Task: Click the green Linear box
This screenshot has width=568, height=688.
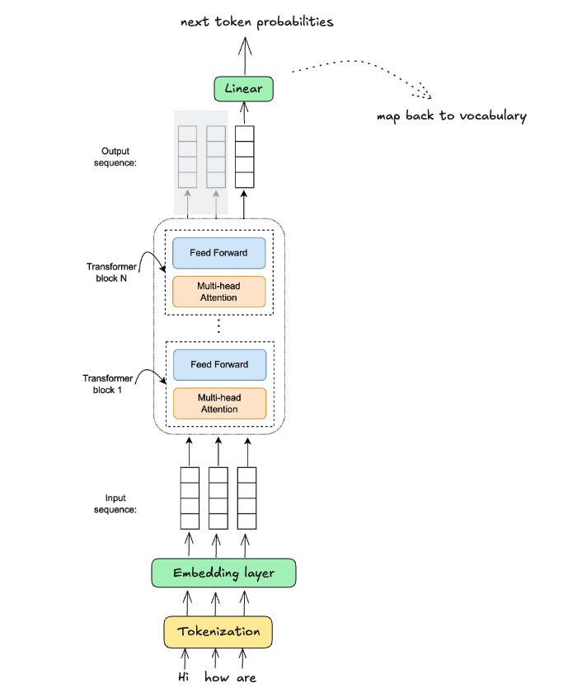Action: point(243,88)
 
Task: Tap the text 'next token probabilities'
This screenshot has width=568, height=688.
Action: point(257,22)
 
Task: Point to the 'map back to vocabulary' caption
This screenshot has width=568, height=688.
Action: point(451,116)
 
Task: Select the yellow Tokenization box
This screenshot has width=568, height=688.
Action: point(218,632)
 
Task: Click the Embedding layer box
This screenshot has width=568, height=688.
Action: point(223,573)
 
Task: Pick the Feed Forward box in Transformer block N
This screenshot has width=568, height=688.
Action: point(218,253)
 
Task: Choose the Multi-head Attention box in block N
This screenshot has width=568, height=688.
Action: point(218,292)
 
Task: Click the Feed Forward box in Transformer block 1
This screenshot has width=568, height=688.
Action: point(218,364)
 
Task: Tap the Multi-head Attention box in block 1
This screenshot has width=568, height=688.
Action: point(218,403)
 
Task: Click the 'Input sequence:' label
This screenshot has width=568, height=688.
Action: point(120,503)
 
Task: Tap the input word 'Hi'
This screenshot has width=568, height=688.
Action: point(185,677)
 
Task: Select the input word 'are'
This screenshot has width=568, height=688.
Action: point(246,677)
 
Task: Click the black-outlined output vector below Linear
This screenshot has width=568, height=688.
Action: point(245,157)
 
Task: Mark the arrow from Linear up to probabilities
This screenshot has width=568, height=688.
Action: point(244,55)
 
